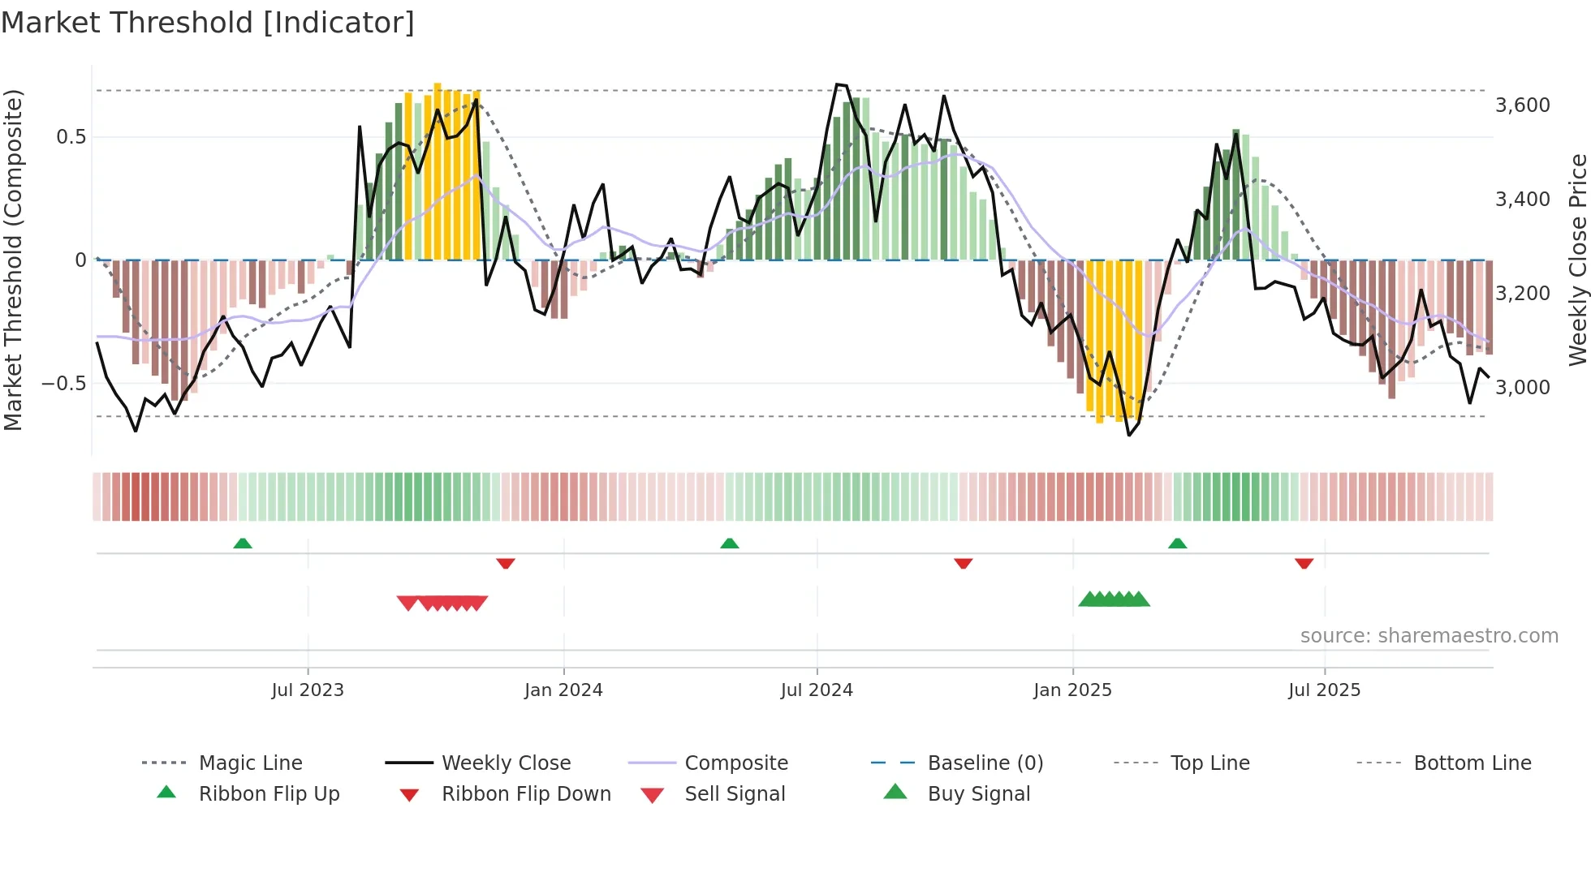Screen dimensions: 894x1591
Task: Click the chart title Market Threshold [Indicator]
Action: point(208,23)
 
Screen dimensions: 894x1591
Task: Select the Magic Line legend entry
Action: point(250,763)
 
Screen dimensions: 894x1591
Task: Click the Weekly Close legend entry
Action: point(506,763)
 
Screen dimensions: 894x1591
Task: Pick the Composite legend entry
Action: point(735,763)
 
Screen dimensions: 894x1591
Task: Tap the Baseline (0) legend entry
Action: point(985,763)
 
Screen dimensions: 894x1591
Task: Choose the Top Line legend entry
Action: point(1209,763)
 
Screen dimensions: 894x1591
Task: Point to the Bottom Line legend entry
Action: point(1472,763)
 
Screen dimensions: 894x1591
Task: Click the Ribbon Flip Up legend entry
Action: point(269,794)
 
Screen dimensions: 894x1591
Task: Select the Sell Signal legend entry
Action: point(734,794)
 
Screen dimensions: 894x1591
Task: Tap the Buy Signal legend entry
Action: point(978,794)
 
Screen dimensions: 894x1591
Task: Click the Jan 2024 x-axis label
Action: point(563,690)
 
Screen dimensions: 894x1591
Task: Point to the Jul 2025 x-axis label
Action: point(1324,690)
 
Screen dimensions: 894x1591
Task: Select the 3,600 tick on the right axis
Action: point(1522,105)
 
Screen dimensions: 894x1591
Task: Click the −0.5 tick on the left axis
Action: point(63,384)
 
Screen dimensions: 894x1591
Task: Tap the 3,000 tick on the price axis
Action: point(1522,388)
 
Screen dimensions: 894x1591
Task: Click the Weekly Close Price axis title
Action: point(1577,260)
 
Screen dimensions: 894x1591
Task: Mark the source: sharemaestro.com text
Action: point(1429,636)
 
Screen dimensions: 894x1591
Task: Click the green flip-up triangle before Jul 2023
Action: point(243,544)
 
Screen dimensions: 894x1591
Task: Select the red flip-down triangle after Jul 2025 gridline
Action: point(1304,563)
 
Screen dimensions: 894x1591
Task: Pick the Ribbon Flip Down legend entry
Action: point(525,794)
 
